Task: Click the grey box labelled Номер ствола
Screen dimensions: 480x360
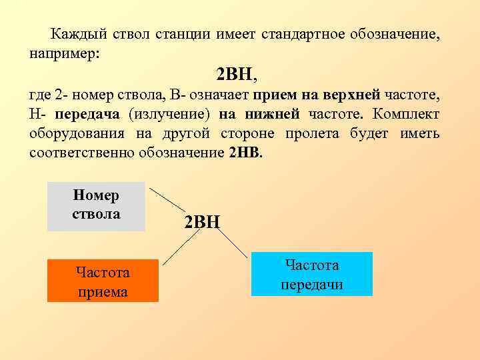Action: click(x=97, y=206)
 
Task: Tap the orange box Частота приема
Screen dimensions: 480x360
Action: click(x=103, y=281)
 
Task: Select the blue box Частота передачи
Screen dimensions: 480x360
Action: click(x=311, y=274)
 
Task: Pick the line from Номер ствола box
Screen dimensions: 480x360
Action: click(x=167, y=199)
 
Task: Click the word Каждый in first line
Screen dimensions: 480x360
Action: click(x=74, y=33)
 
